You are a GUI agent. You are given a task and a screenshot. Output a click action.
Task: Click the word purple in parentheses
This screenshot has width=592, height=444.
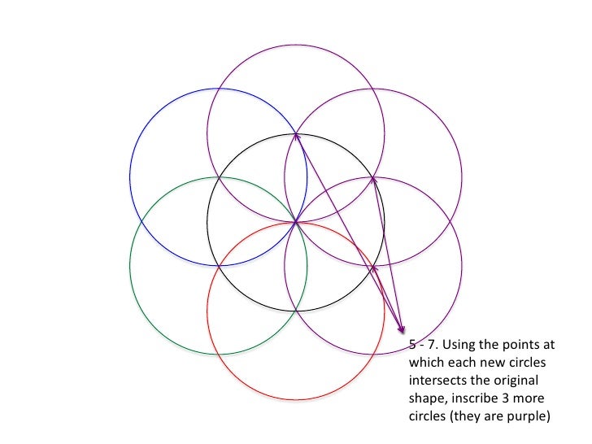(x=529, y=416)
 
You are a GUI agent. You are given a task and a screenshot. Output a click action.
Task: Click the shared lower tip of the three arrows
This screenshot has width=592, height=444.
(x=403, y=332)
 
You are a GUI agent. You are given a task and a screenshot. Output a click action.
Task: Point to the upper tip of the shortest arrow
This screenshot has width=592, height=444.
(x=372, y=266)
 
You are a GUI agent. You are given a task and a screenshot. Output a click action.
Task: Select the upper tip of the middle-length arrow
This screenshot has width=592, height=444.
(x=373, y=178)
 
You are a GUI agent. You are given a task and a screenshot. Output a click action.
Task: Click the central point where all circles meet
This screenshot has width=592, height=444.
(x=296, y=221)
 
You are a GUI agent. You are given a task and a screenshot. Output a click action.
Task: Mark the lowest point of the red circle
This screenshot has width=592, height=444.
(x=296, y=400)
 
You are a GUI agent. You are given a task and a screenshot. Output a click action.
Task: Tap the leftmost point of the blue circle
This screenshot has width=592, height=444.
(x=130, y=176)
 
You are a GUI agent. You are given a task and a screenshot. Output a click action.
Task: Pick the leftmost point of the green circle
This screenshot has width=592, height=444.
(x=130, y=266)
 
